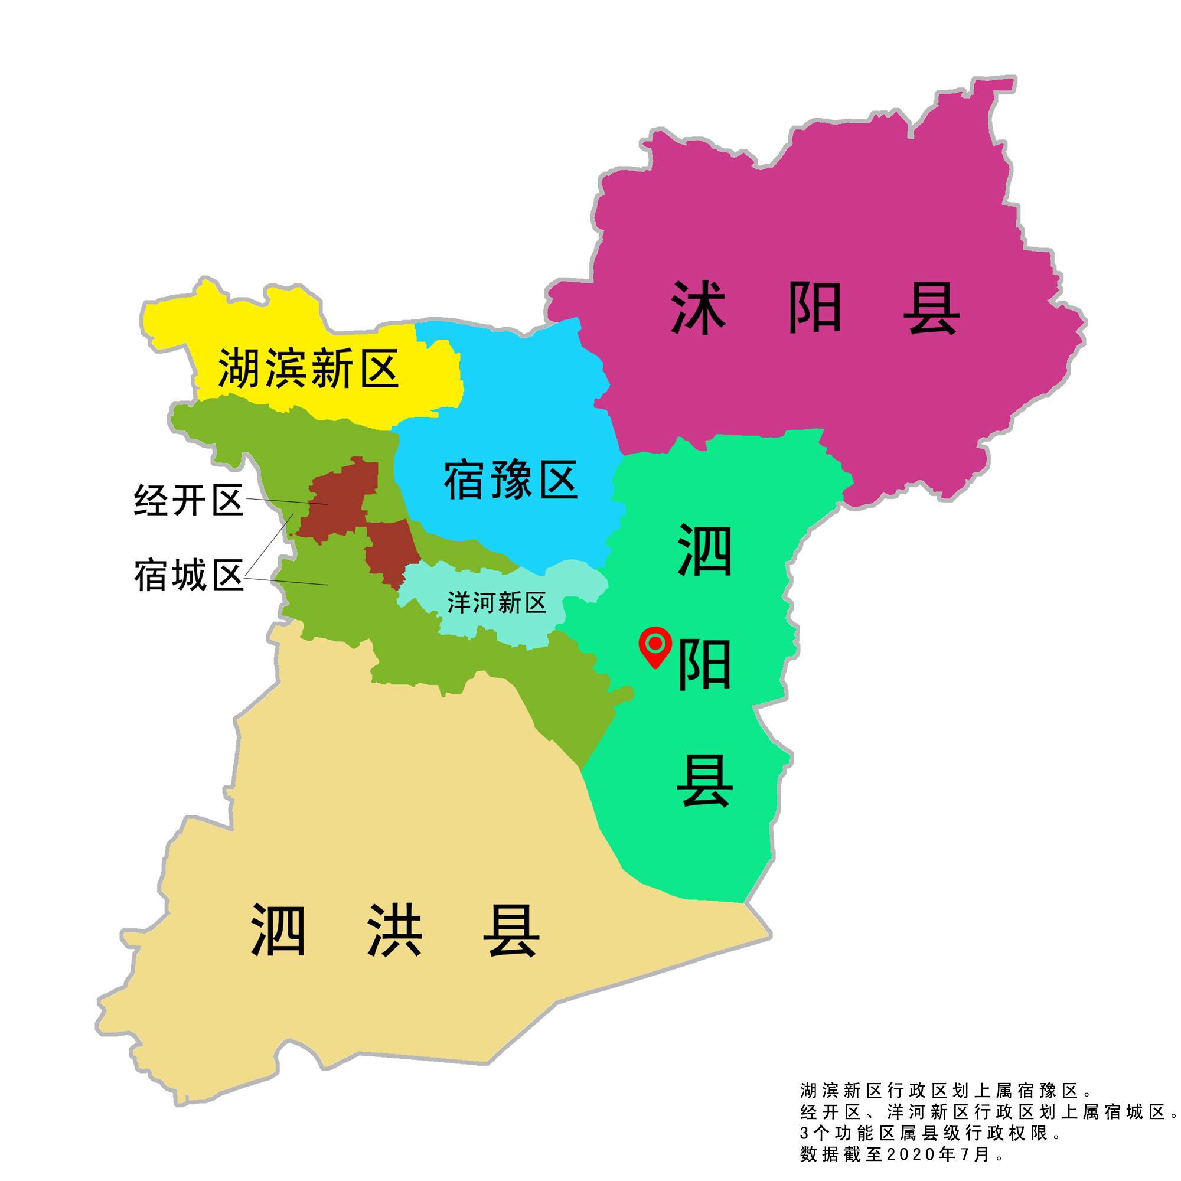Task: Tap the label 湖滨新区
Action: click(x=308, y=368)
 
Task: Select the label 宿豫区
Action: click(x=510, y=481)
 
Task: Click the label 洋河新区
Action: click(x=497, y=603)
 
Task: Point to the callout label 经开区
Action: click(x=188, y=501)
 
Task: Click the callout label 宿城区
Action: click(x=188, y=575)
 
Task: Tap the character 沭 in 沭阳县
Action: click(x=698, y=308)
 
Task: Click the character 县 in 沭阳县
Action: click(x=931, y=308)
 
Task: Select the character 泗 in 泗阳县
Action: click(x=704, y=550)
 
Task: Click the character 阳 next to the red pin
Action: click(x=704, y=665)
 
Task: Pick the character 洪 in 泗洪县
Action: click(x=394, y=931)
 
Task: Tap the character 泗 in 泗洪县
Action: click(x=278, y=931)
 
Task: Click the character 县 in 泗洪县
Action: click(x=511, y=931)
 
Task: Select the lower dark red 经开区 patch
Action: click(x=392, y=550)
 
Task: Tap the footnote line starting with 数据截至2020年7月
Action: click(x=902, y=1154)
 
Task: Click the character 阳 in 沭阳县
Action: click(x=815, y=308)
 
